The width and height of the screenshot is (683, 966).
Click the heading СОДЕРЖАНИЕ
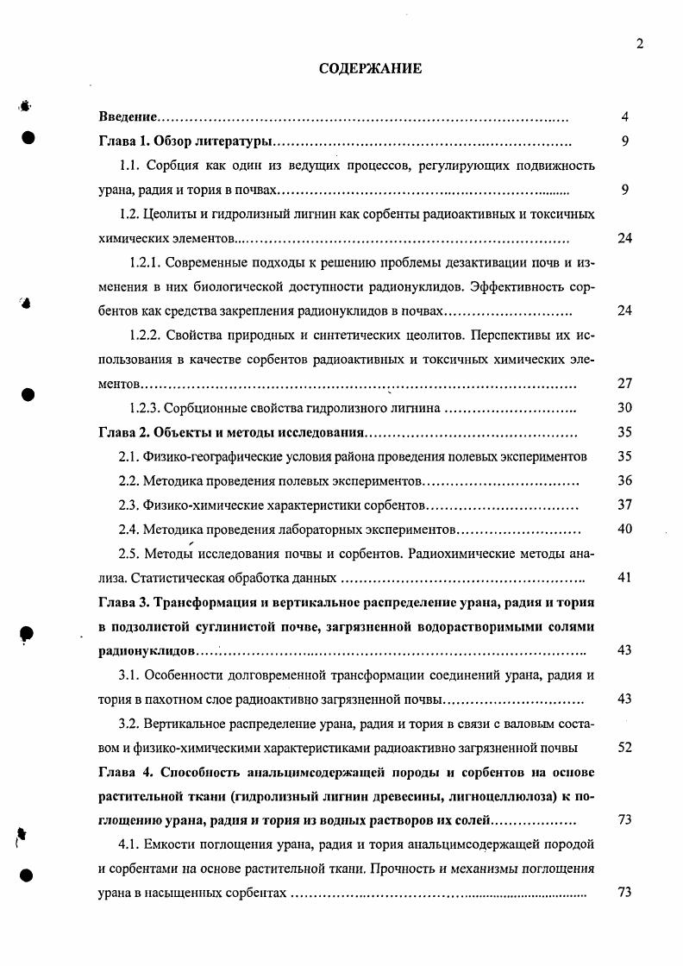point(371,69)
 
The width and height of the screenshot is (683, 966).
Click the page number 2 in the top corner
point(640,45)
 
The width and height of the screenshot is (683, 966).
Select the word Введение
point(127,116)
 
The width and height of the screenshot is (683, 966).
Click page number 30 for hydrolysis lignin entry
point(625,408)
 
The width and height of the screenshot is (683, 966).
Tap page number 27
point(625,384)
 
